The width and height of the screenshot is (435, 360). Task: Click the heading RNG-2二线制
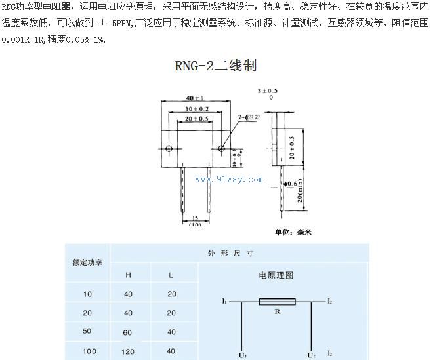click(x=216, y=66)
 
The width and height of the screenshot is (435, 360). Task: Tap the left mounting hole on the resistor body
click(x=170, y=150)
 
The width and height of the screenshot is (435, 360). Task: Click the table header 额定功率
click(x=87, y=263)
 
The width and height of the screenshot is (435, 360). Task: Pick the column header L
click(x=172, y=275)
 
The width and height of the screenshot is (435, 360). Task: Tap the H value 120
click(x=128, y=351)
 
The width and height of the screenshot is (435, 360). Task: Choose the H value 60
click(x=128, y=332)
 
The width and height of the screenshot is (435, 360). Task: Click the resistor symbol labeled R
click(x=278, y=302)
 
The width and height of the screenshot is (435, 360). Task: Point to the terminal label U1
click(x=243, y=355)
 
